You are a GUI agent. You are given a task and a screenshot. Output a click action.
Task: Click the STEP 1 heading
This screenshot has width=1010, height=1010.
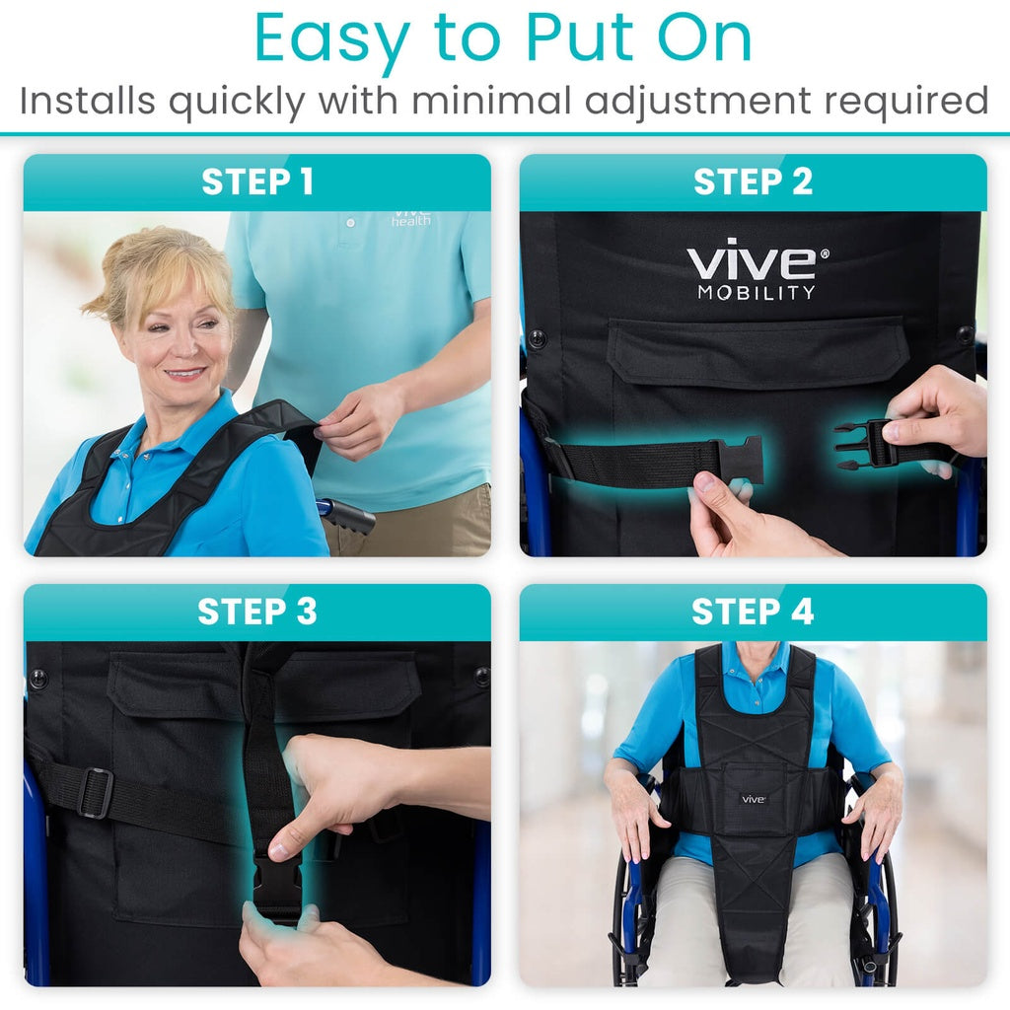(x=257, y=182)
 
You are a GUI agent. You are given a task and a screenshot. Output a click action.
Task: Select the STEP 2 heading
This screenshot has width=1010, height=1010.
(x=753, y=182)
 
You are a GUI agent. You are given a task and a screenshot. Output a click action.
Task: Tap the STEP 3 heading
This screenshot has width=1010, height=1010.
(x=257, y=612)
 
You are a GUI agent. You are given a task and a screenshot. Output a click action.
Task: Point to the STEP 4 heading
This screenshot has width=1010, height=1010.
(x=753, y=612)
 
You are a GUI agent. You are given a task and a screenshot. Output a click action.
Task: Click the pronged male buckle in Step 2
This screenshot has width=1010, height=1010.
(x=860, y=444)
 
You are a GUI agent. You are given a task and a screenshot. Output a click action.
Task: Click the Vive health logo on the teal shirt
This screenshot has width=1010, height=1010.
(x=411, y=217)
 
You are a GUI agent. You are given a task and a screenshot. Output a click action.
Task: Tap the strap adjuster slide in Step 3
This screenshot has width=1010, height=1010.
(x=96, y=793)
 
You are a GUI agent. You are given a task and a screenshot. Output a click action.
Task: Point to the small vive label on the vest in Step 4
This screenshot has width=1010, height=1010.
(x=754, y=798)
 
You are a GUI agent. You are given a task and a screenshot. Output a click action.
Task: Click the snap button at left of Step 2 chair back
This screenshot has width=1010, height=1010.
(x=538, y=338)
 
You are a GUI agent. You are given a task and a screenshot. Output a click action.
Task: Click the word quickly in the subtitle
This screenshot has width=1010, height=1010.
(x=238, y=101)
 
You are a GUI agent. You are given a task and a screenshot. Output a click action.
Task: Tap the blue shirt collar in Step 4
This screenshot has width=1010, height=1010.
(x=755, y=658)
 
